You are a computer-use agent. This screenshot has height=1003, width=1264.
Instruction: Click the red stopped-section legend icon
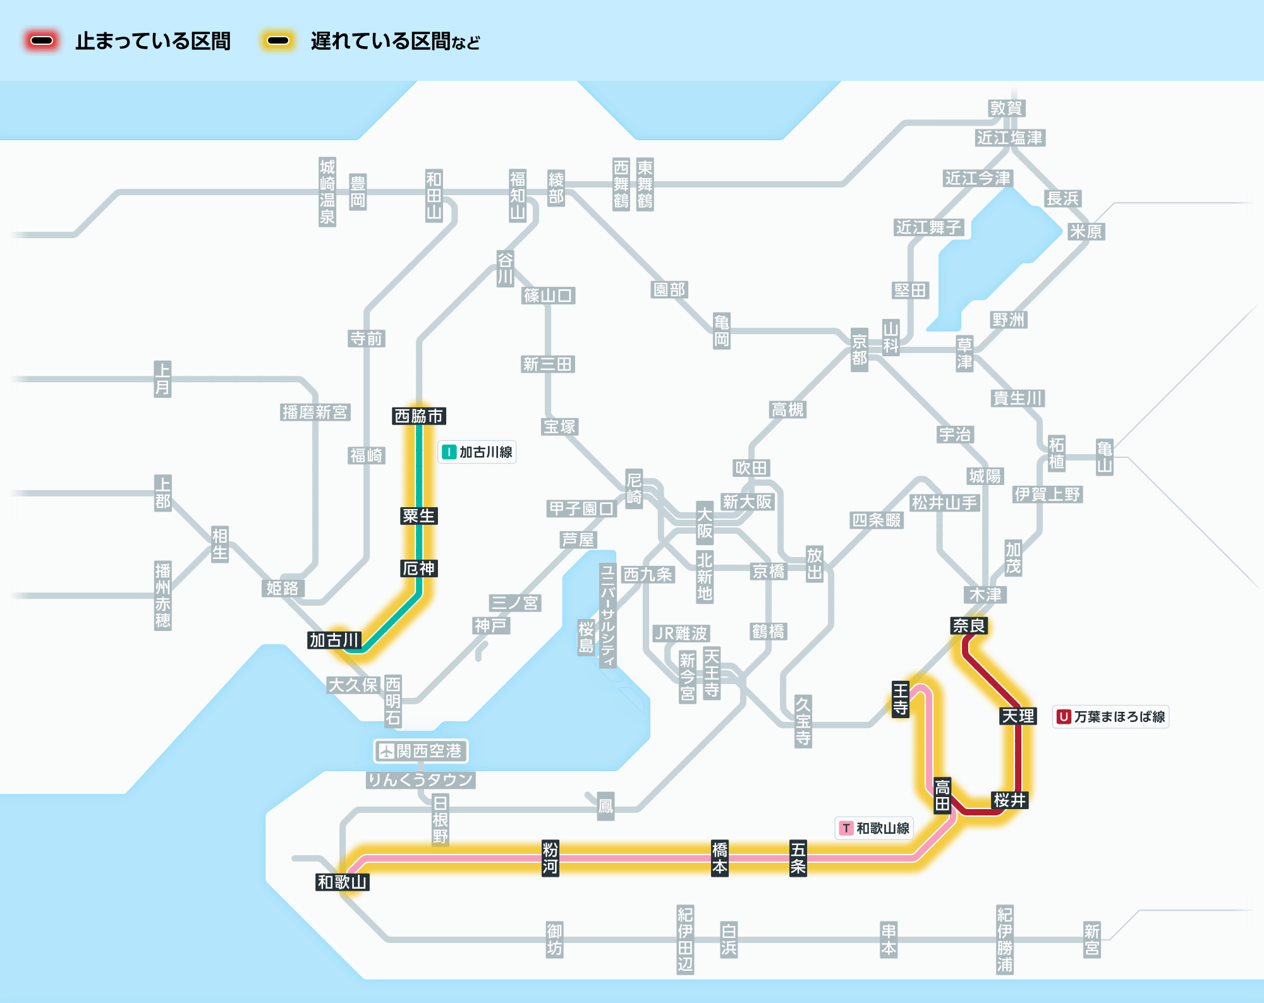coord(42,41)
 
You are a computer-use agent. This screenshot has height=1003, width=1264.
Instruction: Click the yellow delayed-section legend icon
coord(278,41)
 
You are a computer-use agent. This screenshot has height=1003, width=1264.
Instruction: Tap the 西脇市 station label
coord(419,416)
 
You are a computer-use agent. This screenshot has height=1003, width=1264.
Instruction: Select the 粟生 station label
coord(419,516)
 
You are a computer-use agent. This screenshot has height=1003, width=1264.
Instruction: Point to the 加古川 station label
coord(334,640)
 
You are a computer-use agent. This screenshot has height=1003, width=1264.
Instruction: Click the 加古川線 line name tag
coord(477,452)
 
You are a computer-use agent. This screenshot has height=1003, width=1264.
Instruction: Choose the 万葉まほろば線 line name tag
coord(1111,717)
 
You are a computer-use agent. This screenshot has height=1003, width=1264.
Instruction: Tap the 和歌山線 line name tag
coord(874,828)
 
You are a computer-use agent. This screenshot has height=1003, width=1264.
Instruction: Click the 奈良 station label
coord(969,626)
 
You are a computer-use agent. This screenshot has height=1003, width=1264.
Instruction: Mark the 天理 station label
coord(1018,716)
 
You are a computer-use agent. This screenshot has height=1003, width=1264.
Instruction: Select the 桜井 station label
coord(1010,800)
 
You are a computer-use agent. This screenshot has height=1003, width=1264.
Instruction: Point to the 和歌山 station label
coord(343,882)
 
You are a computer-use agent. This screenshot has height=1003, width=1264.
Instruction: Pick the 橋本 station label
coord(720,858)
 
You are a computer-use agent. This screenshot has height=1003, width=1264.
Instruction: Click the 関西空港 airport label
coord(421,751)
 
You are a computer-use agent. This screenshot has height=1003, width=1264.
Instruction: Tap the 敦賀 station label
coord(1007,109)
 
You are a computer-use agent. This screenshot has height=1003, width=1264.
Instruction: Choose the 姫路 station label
coord(283,589)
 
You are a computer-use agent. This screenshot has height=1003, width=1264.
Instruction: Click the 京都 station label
coord(860,350)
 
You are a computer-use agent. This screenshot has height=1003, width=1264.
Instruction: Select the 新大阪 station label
coord(748,502)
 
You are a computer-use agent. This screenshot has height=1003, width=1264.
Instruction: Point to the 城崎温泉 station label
coord(327,192)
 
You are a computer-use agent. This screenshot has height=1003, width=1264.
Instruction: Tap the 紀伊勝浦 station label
coord(1005,940)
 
